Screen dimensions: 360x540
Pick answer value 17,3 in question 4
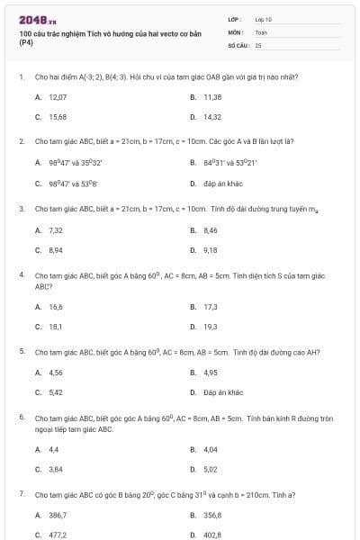211,307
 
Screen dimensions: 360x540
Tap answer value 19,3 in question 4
211,327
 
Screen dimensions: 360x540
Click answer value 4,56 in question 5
56,373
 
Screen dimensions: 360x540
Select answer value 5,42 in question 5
56,392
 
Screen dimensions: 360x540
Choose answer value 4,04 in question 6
211,449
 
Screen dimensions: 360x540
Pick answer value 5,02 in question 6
211,469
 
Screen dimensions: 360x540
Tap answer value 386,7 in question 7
58,515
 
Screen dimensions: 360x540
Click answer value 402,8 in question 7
212,535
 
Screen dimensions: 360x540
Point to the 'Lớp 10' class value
263,19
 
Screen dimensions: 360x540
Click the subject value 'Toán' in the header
261,31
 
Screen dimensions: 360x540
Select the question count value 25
258,44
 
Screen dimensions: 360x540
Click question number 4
21,274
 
